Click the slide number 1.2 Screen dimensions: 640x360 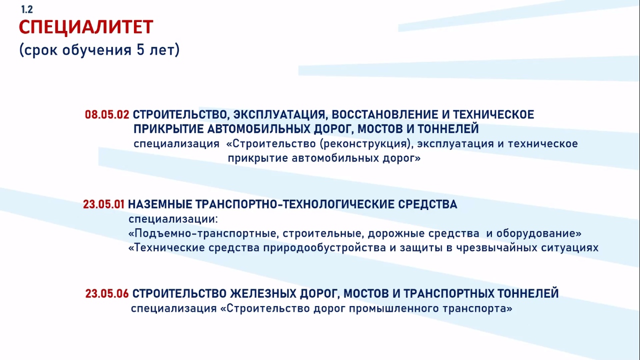tap(27, 9)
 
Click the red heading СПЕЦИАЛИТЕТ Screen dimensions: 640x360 tap(86, 27)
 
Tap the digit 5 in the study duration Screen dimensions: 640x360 tap(140, 49)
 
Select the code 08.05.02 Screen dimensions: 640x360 tap(107, 114)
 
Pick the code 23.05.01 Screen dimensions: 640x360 tap(103, 204)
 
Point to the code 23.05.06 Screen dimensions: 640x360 tap(107, 293)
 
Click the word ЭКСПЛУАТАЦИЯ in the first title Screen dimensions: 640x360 tap(279, 115)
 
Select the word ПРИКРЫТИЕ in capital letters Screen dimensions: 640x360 tap(168, 129)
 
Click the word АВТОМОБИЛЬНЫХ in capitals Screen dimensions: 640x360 tap(258, 129)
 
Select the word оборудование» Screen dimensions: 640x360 tap(539, 233)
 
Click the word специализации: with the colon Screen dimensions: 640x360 tap(173, 219)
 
